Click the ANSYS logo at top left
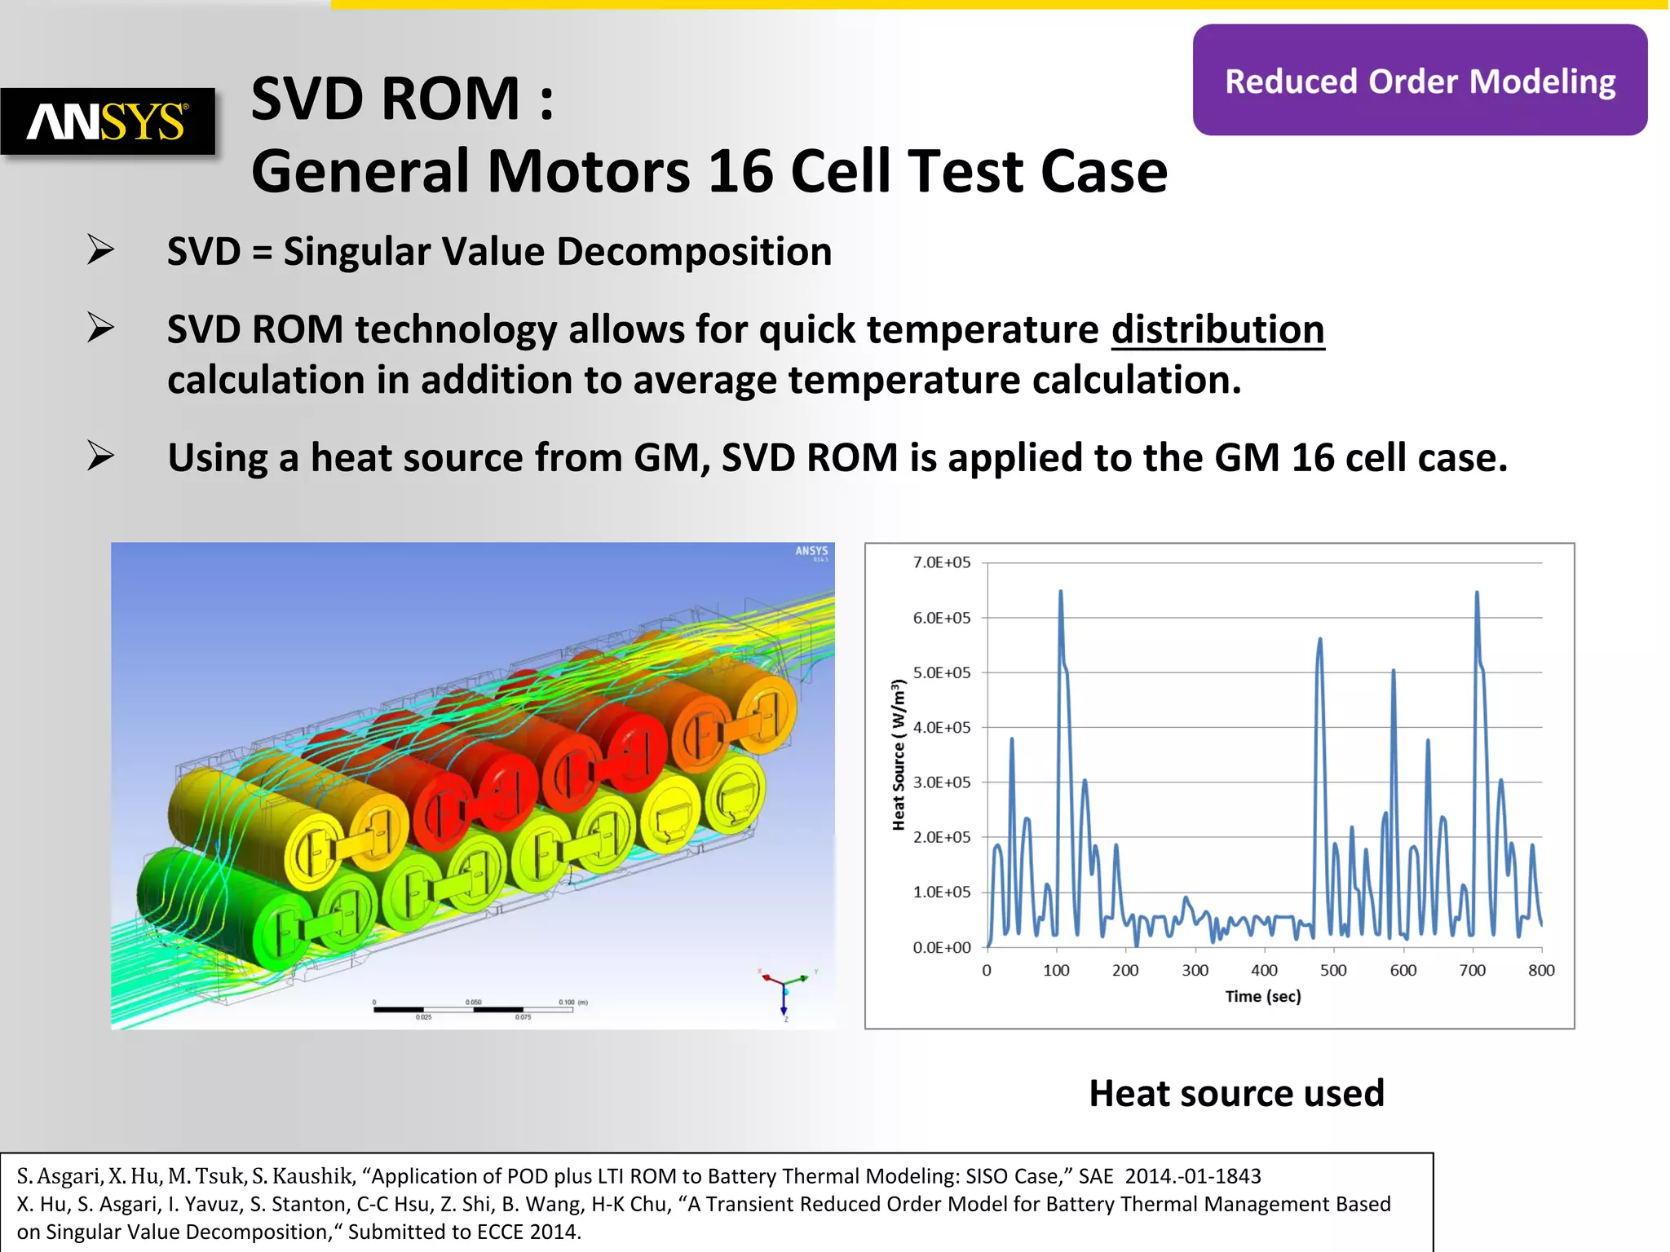coord(108,121)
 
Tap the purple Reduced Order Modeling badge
coord(1420,81)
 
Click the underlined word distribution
coord(1217,329)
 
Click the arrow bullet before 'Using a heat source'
coord(101,456)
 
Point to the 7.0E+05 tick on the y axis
coord(942,562)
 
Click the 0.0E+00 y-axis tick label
coord(942,947)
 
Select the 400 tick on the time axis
coord(1264,970)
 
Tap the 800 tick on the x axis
coord(1541,970)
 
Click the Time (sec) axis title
coord(1263,996)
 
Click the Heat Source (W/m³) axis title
coord(899,755)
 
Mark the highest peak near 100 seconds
coord(1060,593)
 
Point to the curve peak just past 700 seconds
coord(1477,593)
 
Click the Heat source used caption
coord(1236,1093)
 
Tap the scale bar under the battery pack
coord(473,1009)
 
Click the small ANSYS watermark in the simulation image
coord(811,552)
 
